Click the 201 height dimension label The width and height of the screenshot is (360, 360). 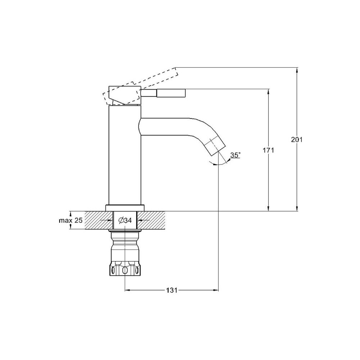[297, 139]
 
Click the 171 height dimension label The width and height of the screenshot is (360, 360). [268, 150]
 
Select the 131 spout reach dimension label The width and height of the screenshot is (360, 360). [172, 290]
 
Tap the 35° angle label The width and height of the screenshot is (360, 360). [235, 155]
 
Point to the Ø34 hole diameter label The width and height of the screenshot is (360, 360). [125, 220]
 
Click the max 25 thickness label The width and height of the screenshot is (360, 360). [71, 220]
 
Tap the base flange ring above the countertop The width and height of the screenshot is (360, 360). [125, 208]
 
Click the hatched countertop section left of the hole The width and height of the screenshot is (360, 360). [99, 220]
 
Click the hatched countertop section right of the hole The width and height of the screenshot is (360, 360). [151, 220]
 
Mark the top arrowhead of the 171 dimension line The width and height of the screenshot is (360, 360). [268, 91]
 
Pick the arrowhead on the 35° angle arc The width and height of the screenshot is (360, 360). [215, 164]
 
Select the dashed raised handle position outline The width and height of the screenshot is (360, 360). [140, 86]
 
